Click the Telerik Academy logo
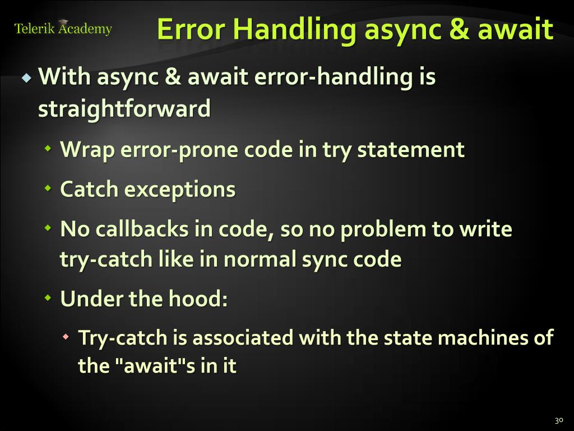click(x=63, y=28)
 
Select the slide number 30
click(x=558, y=420)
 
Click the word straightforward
click(x=124, y=108)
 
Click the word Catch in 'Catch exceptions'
click(x=89, y=189)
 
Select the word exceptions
click(x=180, y=189)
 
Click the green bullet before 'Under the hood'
click(x=48, y=298)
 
